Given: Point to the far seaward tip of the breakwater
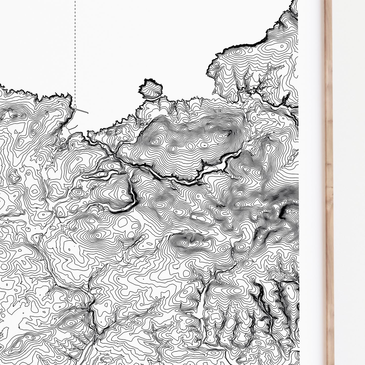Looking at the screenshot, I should pyautogui.click(x=88, y=112).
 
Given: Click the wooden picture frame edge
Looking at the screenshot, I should pyautogui.click(x=329, y=177).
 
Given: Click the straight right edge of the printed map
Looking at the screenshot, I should pyautogui.click(x=298, y=152).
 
